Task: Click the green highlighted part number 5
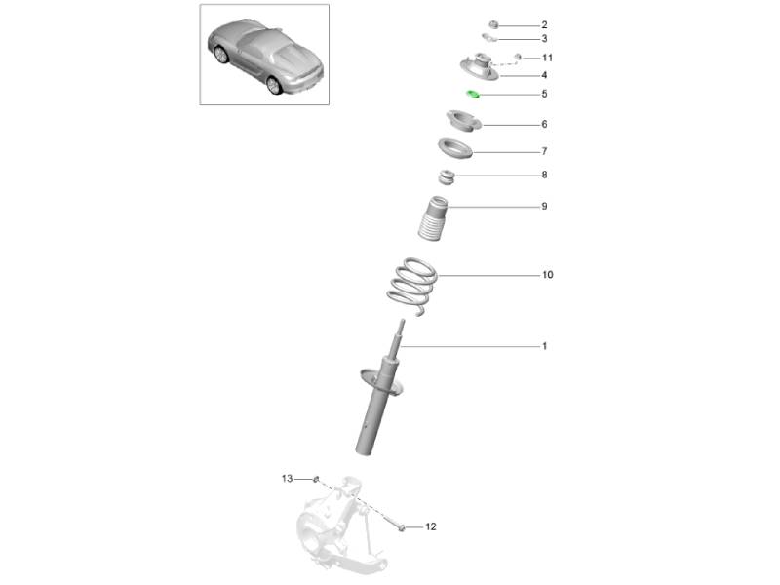coord(473,94)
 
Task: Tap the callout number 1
coord(545,346)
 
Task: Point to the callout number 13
coord(287,479)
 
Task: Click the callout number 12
coord(431,526)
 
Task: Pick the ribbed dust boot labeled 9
coord(432,218)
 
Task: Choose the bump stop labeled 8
coord(447,177)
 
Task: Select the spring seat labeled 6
coord(463,121)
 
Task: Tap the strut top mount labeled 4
coord(479,67)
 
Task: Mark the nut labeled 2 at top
coord(493,24)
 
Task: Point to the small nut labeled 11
coord(518,57)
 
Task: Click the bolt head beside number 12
coord(401,526)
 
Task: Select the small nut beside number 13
coord(315,479)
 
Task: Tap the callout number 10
coord(548,275)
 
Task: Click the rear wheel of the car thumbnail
coord(273,85)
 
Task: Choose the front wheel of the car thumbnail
coord(221,55)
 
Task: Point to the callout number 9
coord(545,207)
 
